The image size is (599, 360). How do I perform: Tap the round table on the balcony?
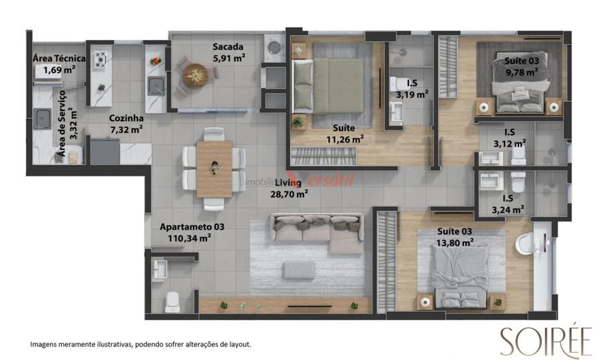click(x=195, y=75)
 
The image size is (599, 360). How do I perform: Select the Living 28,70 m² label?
click(x=290, y=188)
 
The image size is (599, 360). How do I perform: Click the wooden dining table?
click(x=214, y=169)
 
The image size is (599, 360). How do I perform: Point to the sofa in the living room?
click(x=317, y=233)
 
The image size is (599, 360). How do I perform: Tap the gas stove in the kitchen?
click(x=100, y=60)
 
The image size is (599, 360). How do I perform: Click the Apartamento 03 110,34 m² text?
click(x=192, y=232)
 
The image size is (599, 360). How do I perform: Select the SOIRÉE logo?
click(x=546, y=341)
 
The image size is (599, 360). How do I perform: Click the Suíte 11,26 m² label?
click(x=344, y=134)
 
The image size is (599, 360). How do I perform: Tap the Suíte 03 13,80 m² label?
click(x=455, y=237)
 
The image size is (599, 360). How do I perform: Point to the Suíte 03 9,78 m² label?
click(x=522, y=67)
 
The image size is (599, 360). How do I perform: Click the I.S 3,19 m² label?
click(x=412, y=89)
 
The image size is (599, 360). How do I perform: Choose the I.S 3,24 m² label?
click(x=508, y=204)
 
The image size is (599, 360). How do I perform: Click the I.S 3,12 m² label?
click(x=510, y=138)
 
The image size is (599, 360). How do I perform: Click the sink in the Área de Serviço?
click(x=43, y=118)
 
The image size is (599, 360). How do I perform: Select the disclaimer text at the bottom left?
click(x=140, y=344)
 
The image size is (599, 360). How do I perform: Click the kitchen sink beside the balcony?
click(x=156, y=86)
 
